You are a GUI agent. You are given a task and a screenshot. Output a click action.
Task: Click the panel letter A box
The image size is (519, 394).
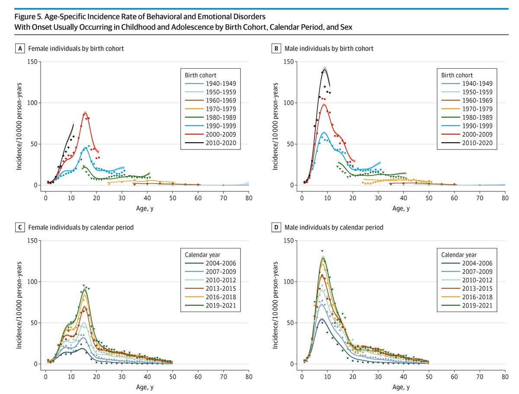click(x=19, y=48)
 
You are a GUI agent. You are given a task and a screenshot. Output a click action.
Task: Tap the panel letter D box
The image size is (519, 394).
click(x=276, y=227)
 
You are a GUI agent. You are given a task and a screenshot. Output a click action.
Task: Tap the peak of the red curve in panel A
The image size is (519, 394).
click(x=85, y=113)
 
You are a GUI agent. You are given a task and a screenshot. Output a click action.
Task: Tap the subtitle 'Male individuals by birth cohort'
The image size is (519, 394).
click(x=329, y=48)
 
